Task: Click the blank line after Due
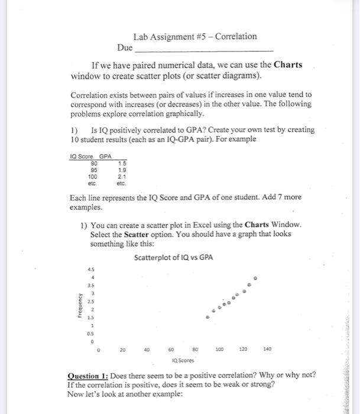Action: (205, 48)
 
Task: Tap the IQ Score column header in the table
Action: (82, 157)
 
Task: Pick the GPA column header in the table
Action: (105, 157)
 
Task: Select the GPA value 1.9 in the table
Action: (122, 170)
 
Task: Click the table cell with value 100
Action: (92, 176)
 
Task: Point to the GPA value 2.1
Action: (122, 176)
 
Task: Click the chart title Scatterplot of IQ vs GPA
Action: (173, 258)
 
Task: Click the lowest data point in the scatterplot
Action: (206, 316)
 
